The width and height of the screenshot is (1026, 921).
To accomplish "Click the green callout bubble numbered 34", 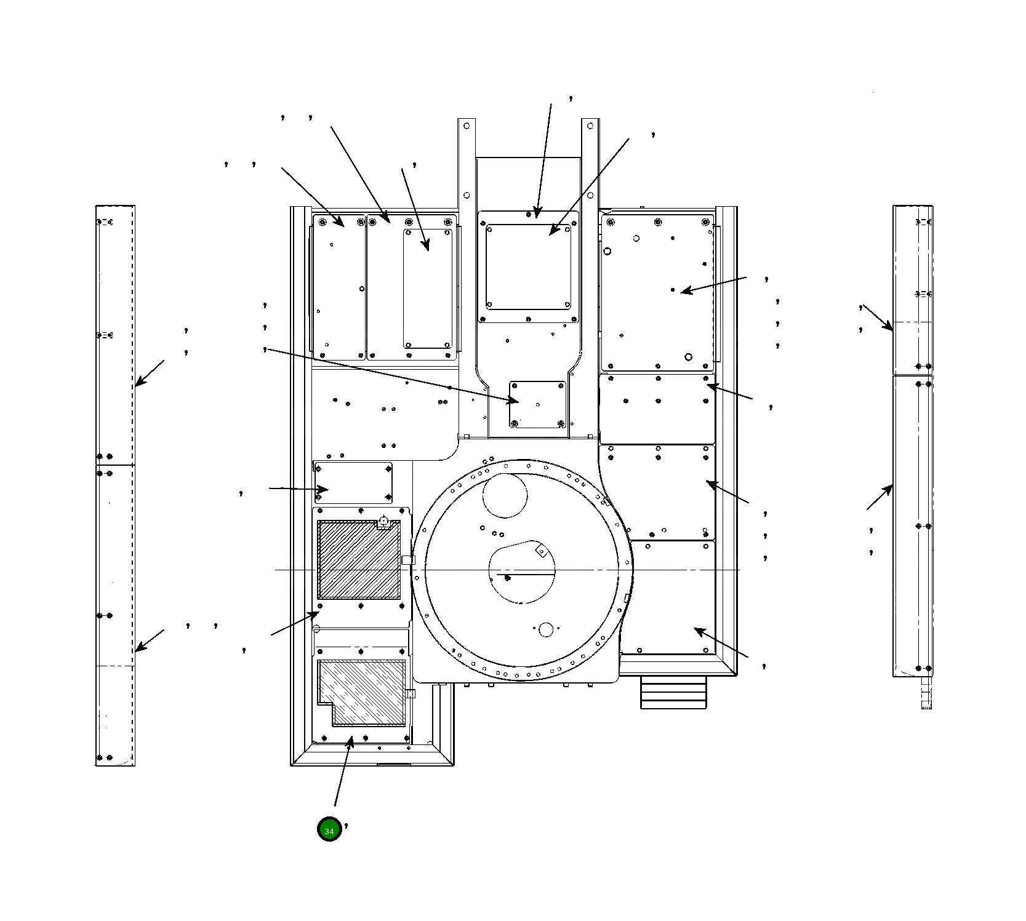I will (x=329, y=829).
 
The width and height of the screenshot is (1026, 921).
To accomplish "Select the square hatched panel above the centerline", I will (x=358, y=560).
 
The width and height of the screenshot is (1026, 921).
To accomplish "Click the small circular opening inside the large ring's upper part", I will (x=505, y=496).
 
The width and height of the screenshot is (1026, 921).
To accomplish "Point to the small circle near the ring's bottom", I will (x=545, y=629).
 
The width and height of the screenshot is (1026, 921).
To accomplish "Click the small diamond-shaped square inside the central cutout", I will (x=542, y=551).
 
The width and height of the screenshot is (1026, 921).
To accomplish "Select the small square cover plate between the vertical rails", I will (x=537, y=404).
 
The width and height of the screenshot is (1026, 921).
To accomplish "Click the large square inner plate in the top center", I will (x=528, y=268).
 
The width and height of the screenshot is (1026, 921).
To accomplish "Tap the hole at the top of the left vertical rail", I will (x=467, y=126).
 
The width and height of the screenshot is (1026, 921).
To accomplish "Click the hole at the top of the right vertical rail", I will (x=590, y=126).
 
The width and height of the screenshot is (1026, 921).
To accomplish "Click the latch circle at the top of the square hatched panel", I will (x=383, y=521).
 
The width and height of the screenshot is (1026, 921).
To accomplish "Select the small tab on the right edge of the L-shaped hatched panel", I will (x=411, y=694).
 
